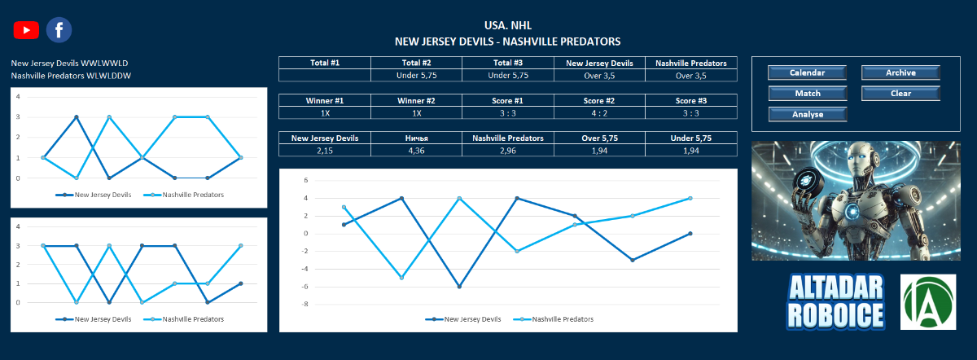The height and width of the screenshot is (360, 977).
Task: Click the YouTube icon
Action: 26,30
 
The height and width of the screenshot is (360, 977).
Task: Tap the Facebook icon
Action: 59,30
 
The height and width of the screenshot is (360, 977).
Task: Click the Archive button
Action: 900,73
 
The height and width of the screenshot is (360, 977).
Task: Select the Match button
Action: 807,94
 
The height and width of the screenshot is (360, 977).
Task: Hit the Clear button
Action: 900,94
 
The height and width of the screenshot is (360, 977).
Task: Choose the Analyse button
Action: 807,114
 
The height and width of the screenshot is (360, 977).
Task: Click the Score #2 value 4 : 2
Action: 599,113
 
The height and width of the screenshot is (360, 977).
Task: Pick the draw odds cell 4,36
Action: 416,151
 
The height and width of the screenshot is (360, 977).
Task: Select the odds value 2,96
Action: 507,151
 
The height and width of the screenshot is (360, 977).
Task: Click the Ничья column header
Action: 416,138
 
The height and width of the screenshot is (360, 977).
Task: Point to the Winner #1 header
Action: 324,101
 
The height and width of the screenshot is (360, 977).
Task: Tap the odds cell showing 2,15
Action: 324,151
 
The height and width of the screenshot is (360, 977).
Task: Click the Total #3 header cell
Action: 507,63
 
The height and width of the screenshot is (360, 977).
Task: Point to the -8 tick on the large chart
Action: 305,305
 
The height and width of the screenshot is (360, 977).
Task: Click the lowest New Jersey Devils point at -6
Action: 459,287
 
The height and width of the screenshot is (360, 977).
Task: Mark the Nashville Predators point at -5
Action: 401,278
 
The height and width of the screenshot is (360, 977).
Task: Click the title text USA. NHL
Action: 507,26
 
